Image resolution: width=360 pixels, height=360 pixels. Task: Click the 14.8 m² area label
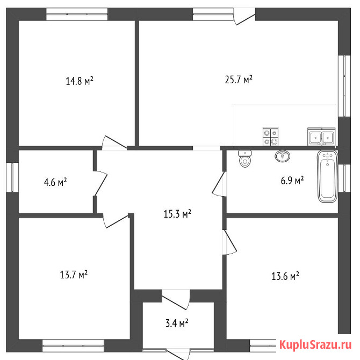(80, 81)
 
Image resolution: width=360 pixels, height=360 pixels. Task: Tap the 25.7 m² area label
(239, 80)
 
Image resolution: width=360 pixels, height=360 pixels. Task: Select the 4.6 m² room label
(55, 182)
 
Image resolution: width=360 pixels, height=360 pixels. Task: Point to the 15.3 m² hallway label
(177, 214)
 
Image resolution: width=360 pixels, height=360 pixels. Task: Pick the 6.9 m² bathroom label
(292, 181)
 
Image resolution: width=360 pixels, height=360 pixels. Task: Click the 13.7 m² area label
(74, 275)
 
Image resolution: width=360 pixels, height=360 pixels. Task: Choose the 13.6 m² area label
(285, 276)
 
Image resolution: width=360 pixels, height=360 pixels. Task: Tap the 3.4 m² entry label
(177, 323)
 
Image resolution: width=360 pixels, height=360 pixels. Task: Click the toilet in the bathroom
(245, 159)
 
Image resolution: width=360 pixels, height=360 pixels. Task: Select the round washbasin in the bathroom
(282, 156)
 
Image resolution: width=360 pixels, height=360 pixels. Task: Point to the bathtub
(327, 176)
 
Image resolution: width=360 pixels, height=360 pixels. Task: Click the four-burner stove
(270, 136)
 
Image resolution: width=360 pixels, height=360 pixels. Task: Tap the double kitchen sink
(321, 137)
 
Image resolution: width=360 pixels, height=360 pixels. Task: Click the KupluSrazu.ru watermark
(315, 344)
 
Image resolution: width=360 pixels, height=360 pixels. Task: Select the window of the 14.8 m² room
(77, 14)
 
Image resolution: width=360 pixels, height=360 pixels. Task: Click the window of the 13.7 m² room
(73, 345)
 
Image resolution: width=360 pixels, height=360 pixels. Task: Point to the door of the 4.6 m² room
(100, 183)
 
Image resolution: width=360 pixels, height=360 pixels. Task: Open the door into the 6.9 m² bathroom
(219, 184)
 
